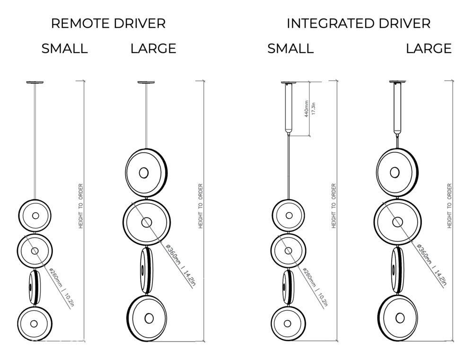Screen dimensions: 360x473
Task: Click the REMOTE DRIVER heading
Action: (x=108, y=24)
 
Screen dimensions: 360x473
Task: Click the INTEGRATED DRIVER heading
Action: (x=359, y=24)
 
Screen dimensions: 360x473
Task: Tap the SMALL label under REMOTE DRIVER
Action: (x=64, y=49)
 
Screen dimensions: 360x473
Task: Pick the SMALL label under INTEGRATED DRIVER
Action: (x=290, y=49)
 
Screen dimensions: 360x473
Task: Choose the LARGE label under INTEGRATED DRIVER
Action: (x=429, y=49)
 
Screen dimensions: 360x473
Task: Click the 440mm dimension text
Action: (x=307, y=109)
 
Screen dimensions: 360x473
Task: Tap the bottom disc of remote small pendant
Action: (x=35, y=323)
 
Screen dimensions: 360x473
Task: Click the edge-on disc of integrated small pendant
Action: (x=287, y=287)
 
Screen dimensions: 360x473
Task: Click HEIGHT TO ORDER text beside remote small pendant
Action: (x=81, y=206)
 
